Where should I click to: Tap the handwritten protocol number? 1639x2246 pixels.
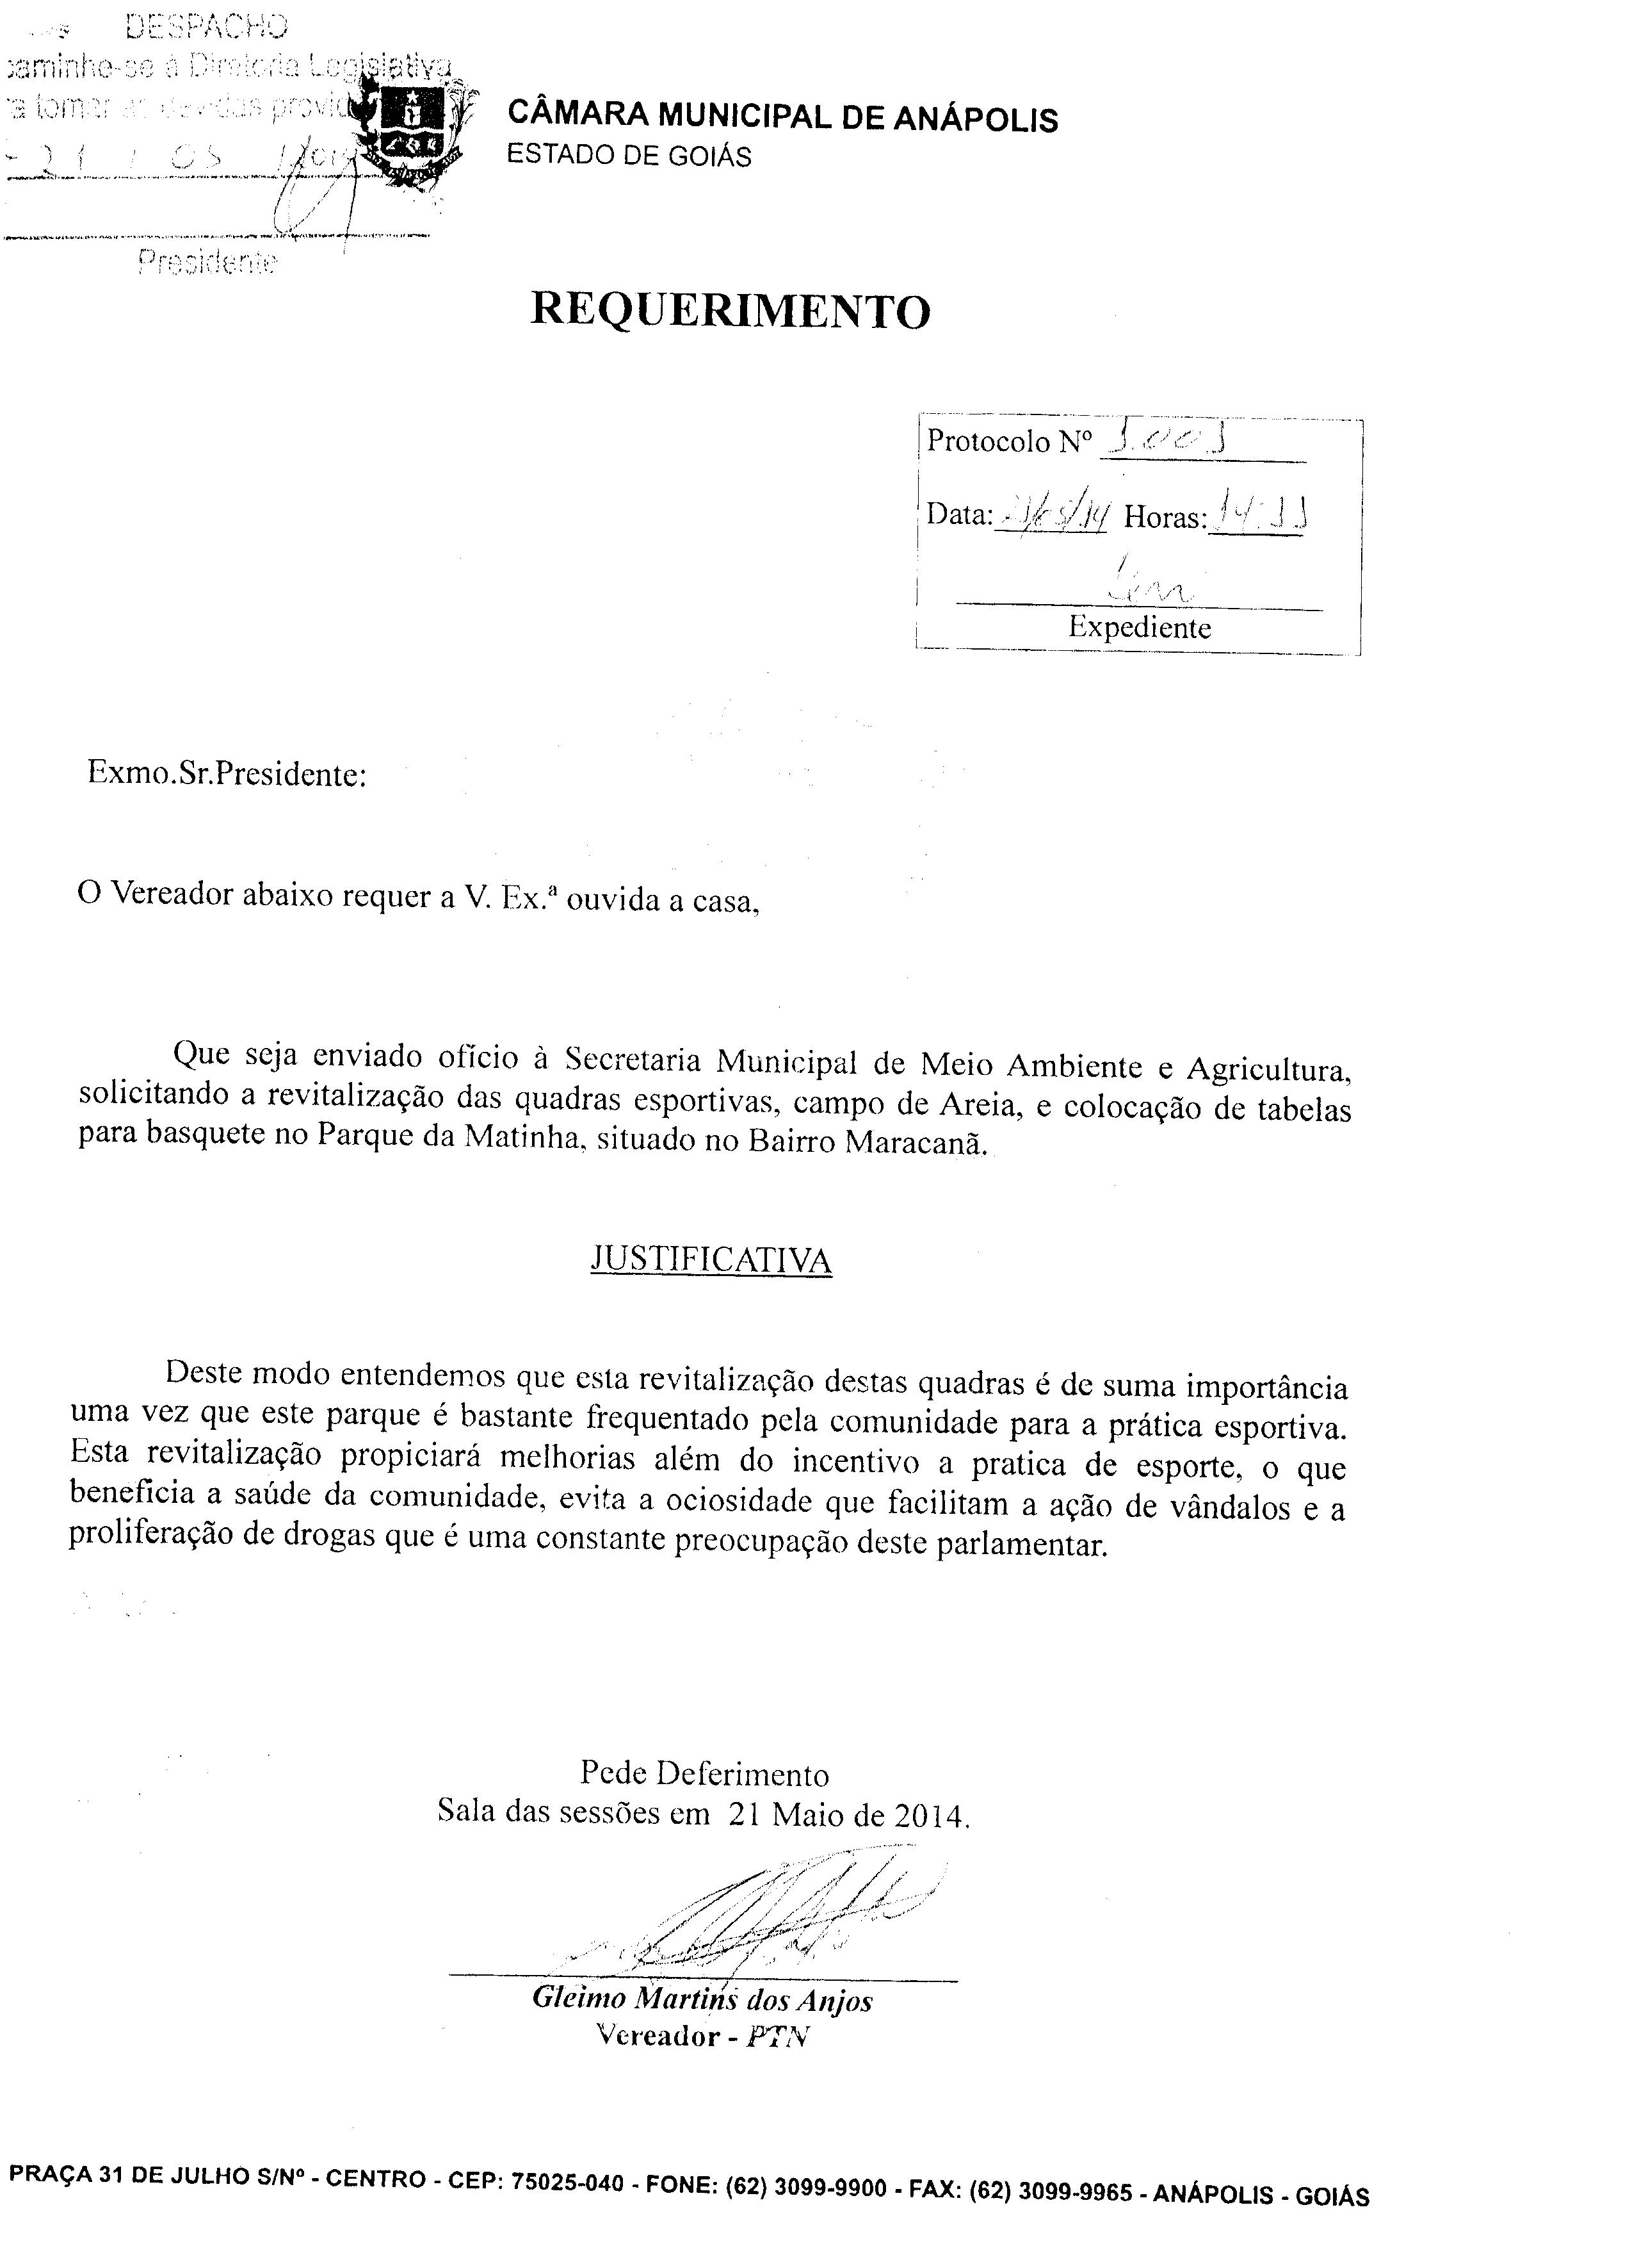[x=1167, y=438]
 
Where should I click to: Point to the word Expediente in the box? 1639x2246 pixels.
[x=1139, y=627]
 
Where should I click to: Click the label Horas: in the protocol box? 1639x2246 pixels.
[x=1165, y=517]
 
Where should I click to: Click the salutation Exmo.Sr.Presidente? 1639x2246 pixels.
[x=227, y=773]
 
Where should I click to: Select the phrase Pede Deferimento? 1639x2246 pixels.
[x=704, y=1774]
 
